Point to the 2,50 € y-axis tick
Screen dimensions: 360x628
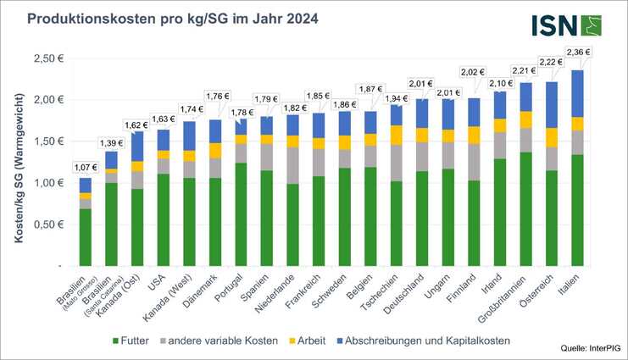pos(50,58)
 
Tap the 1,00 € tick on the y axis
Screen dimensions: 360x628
pos(50,183)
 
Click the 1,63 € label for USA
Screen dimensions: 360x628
pos(162,119)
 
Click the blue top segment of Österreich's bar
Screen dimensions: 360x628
pos(551,104)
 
